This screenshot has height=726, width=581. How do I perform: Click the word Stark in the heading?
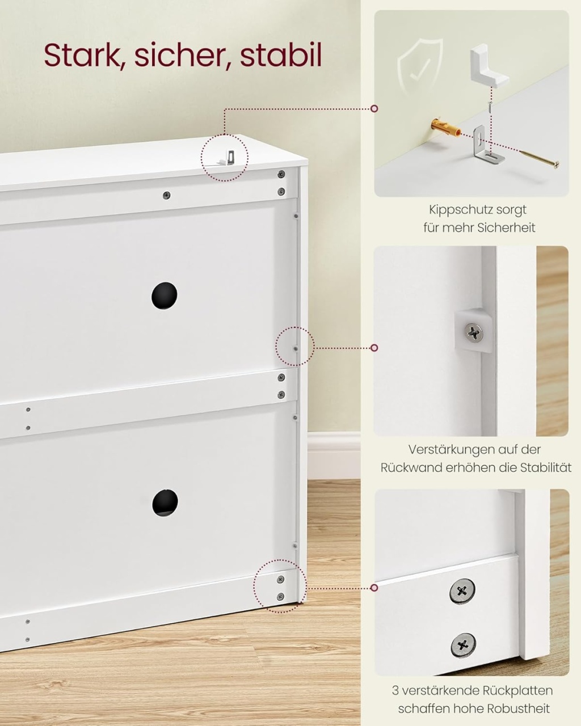pos(83,54)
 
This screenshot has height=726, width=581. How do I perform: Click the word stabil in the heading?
pos(280,54)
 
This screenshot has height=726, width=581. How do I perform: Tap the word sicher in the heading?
pos(182,54)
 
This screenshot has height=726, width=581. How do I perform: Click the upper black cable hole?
pos(164,295)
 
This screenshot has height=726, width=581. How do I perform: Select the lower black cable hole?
pos(165,503)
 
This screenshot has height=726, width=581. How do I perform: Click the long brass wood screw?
pos(540,157)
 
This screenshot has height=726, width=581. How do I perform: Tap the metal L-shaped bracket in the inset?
pos(486,145)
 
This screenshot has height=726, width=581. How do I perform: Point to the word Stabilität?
pos(546,467)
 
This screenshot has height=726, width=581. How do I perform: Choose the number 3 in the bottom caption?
pos(395,690)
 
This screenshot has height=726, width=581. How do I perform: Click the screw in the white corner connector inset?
pos(474,332)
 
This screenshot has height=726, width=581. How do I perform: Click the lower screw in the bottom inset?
pos(464,645)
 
